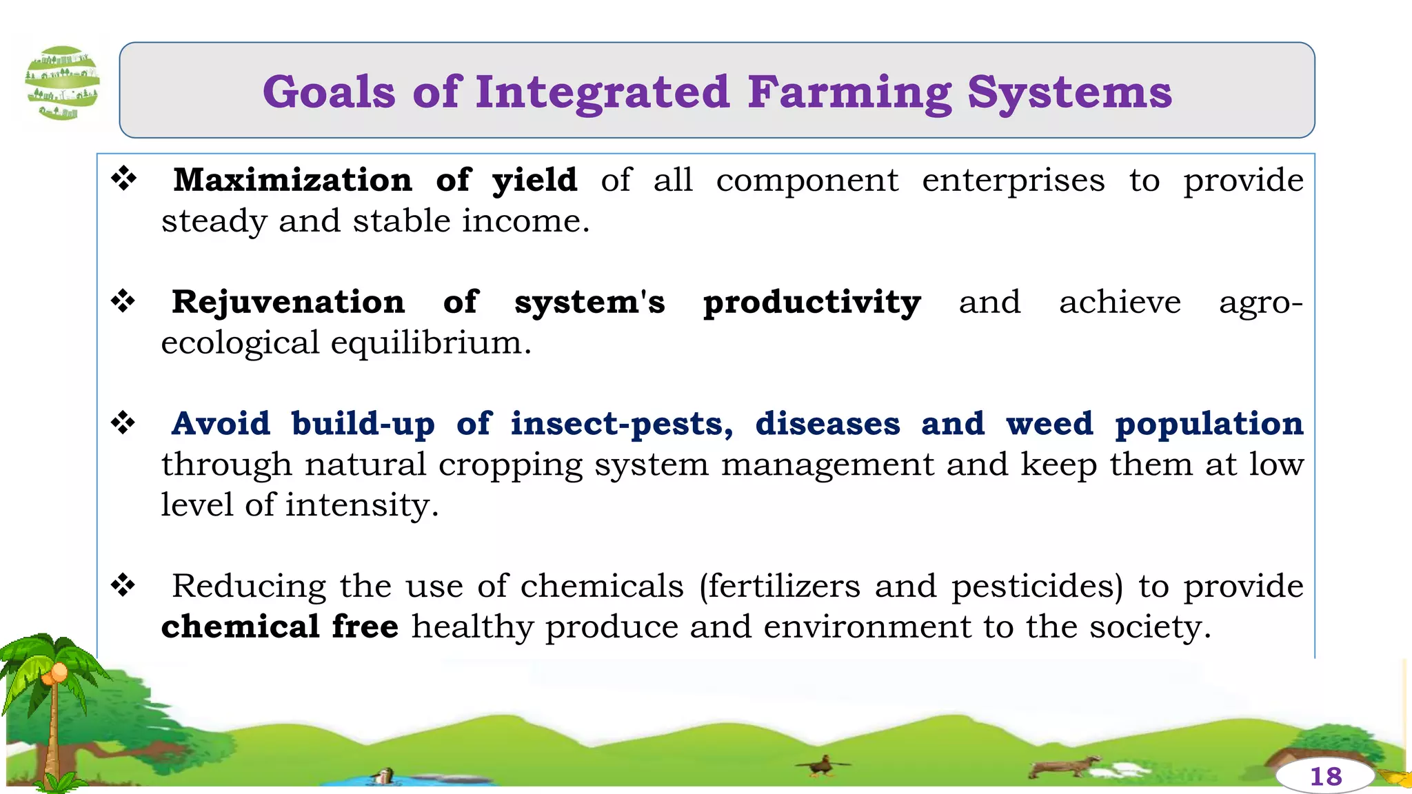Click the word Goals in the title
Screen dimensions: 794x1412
tap(329, 92)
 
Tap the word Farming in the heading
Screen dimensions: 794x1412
tap(849, 93)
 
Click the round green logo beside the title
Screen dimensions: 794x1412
tap(62, 83)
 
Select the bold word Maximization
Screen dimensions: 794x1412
tap(292, 180)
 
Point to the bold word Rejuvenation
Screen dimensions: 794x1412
tap(288, 302)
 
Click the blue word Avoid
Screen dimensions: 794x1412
tap(221, 423)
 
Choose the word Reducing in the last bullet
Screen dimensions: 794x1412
tap(248, 586)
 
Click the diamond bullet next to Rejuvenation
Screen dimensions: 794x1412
tap(124, 301)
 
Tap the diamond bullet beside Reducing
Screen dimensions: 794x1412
tap(124, 585)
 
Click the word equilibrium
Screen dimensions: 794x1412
tap(430, 343)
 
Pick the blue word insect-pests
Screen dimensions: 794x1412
tap(621, 425)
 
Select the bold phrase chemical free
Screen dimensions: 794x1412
tap(279, 627)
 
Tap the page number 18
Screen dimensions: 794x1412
tap(1325, 777)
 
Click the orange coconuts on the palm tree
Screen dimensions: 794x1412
tap(55, 673)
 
